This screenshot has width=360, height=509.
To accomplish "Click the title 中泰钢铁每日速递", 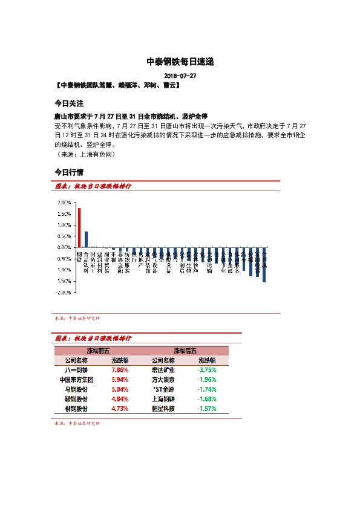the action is click(180, 62).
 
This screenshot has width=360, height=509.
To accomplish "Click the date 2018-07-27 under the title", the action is click(180, 76).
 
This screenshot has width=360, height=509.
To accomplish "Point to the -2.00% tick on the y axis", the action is click(64, 292).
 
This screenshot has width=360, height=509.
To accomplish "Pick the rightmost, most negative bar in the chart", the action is click(264, 265).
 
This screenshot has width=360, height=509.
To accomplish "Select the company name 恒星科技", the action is click(163, 409).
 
